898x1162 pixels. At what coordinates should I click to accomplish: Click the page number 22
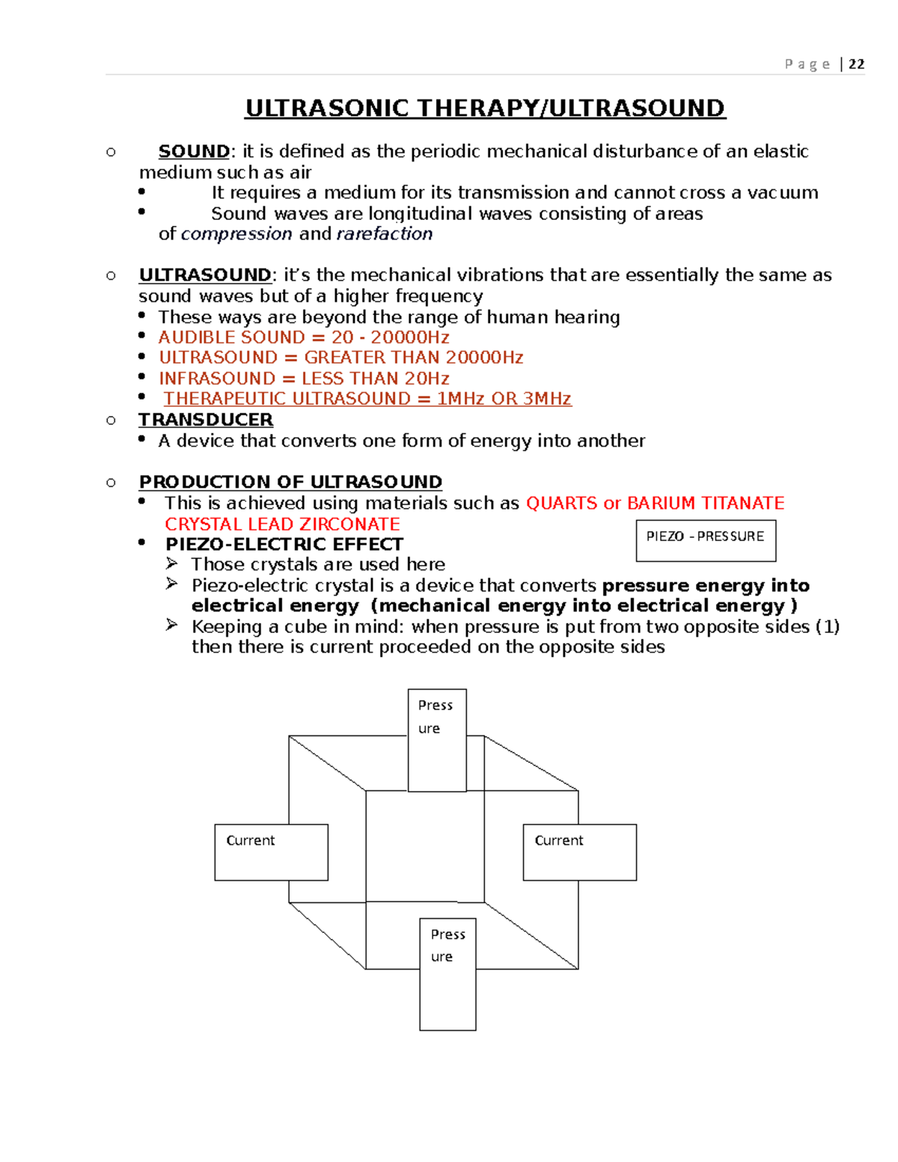[856, 64]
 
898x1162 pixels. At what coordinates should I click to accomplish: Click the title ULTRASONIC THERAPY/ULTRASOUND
[485, 108]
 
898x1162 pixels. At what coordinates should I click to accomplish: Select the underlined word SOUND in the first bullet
[194, 151]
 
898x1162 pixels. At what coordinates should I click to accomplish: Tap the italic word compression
[236, 234]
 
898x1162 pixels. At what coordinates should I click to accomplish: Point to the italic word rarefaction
[385, 234]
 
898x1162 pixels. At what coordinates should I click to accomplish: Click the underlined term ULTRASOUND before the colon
[205, 275]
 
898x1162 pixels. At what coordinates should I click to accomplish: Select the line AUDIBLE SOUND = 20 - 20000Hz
[304, 337]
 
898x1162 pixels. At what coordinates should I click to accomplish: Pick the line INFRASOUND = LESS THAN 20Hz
[304, 379]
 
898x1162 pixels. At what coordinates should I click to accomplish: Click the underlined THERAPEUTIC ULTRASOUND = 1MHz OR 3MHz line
[367, 399]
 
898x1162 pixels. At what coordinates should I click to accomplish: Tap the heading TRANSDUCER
[206, 420]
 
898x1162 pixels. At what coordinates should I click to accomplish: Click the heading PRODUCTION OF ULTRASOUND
[290, 482]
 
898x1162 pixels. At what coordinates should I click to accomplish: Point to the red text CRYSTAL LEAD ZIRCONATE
[282, 524]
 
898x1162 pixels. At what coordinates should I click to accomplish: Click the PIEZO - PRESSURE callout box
[706, 540]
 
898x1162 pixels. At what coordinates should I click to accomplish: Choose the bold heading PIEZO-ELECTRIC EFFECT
[284, 544]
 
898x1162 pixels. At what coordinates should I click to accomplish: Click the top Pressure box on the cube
[437, 739]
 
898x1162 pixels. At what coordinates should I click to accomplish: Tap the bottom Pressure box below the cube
[448, 973]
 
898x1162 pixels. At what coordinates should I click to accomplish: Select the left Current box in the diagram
[271, 852]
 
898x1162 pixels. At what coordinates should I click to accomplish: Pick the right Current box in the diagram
[579, 852]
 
